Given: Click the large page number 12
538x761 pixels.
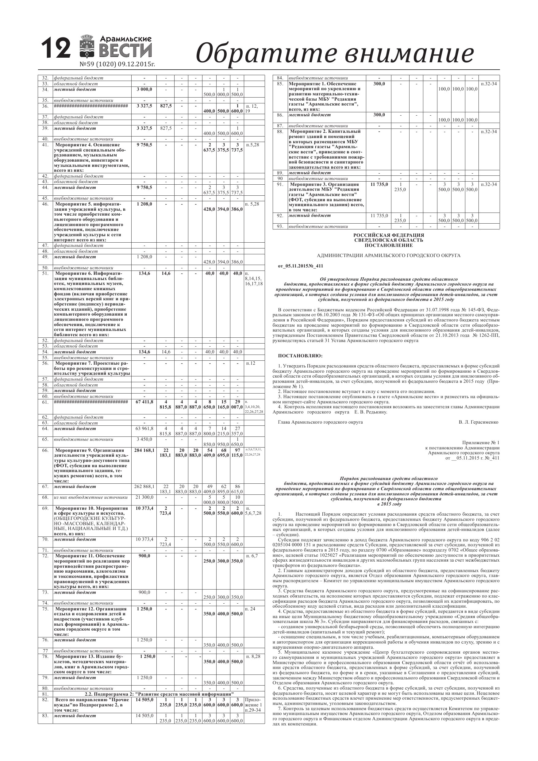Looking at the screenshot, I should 56,48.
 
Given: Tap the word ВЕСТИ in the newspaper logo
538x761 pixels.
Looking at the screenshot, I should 126,51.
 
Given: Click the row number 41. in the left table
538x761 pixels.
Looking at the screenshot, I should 45,145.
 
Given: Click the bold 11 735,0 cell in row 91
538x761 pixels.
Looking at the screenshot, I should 379,184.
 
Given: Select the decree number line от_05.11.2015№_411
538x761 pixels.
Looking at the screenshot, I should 300,266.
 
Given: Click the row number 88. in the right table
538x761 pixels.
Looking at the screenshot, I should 280,132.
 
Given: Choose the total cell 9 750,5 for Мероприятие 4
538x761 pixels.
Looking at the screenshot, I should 144,145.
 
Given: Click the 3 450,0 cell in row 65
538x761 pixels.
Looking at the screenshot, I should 144,440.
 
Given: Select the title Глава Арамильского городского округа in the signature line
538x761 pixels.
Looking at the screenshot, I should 320,422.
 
